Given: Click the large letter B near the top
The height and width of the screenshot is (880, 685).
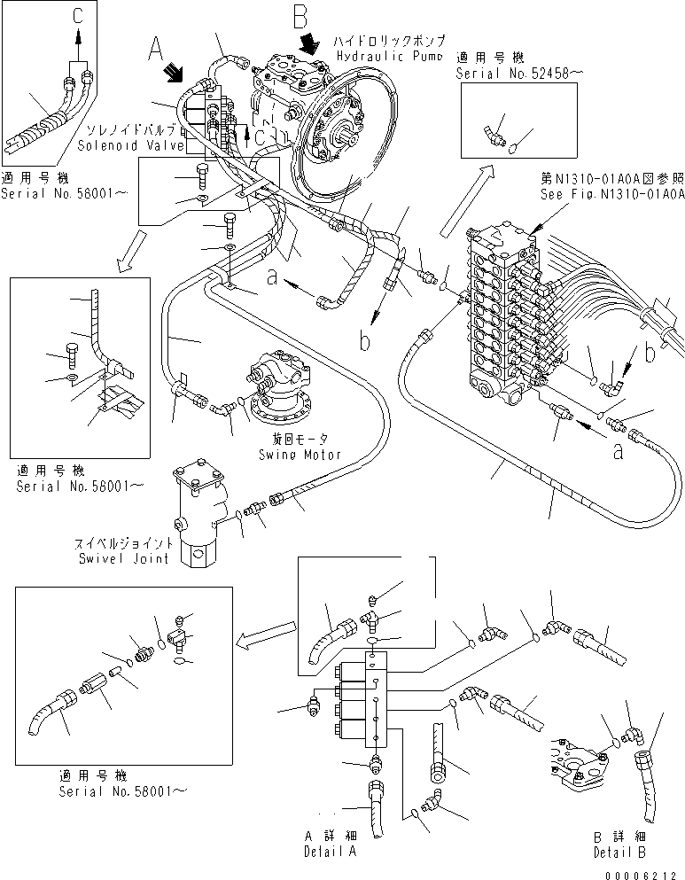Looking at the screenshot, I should [x=301, y=16].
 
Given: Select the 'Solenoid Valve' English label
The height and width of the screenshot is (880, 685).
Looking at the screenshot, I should [x=119, y=144].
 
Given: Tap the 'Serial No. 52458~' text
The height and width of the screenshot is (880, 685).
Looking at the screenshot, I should [x=507, y=74].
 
